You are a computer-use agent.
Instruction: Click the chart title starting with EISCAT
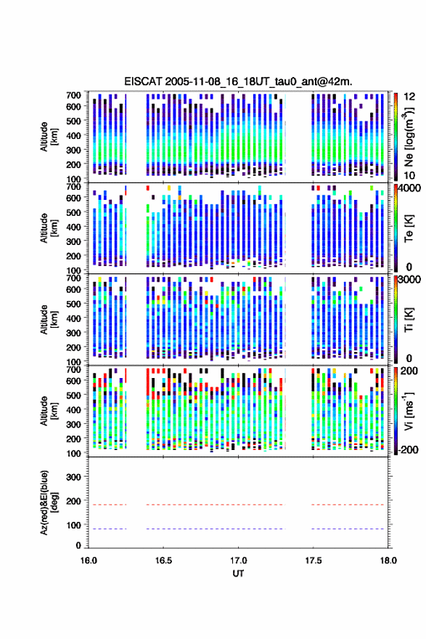pos(238,81)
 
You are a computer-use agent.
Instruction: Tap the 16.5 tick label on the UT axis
pos(163,560)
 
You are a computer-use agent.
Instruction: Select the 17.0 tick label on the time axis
pos(239,560)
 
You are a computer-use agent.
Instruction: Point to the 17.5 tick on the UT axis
pos(314,560)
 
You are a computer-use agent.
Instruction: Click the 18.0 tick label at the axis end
pos(388,560)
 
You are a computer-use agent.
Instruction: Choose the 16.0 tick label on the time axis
pos(89,560)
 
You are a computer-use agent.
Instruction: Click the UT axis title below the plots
pos(238,574)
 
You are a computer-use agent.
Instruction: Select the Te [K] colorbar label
pos(409,228)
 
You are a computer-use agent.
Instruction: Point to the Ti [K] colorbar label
pos(409,320)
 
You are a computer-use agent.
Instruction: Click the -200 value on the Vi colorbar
pos(409,449)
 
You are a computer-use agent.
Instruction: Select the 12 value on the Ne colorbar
pos(409,97)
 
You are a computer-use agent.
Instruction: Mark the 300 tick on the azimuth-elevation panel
pos(73,477)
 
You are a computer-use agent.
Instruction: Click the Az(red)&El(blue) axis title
pos(49,502)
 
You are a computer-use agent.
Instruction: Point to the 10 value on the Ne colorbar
pos(409,176)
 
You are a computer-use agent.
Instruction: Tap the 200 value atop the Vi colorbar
pos(409,371)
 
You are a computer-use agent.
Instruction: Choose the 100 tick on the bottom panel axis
pos(73,526)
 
